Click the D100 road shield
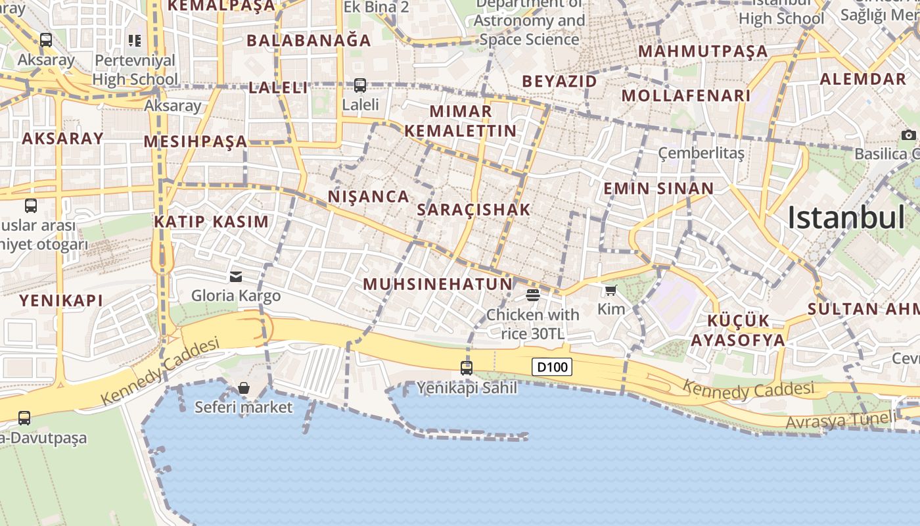pyautogui.click(x=552, y=367)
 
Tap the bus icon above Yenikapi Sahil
pyautogui.click(x=467, y=368)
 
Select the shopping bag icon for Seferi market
pyautogui.click(x=244, y=388)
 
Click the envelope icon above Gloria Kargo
pyautogui.click(x=236, y=277)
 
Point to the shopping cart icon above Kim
pyautogui.click(x=611, y=290)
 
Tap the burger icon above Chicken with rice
pyautogui.click(x=532, y=295)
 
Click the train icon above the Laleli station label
pyautogui.click(x=360, y=85)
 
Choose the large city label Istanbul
pyautogui.click(x=846, y=217)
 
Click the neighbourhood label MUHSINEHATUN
pyautogui.click(x=438, y=284)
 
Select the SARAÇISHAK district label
pyautogui.click(x=474, y=210)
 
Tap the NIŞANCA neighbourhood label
pyautogui.click(x=369, y=197)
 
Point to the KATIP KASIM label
pyautogui.click(x=212, y=222)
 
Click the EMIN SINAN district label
pyautogui.click(x=658, y=189)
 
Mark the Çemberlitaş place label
pyautogui.click(x=701, y=153)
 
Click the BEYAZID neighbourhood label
pyautogui.click(x=560, y=82)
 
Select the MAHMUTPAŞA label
pyautogui.click(x=703, y=51)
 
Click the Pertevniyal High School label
pyautogui.click(x=135, y=70)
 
